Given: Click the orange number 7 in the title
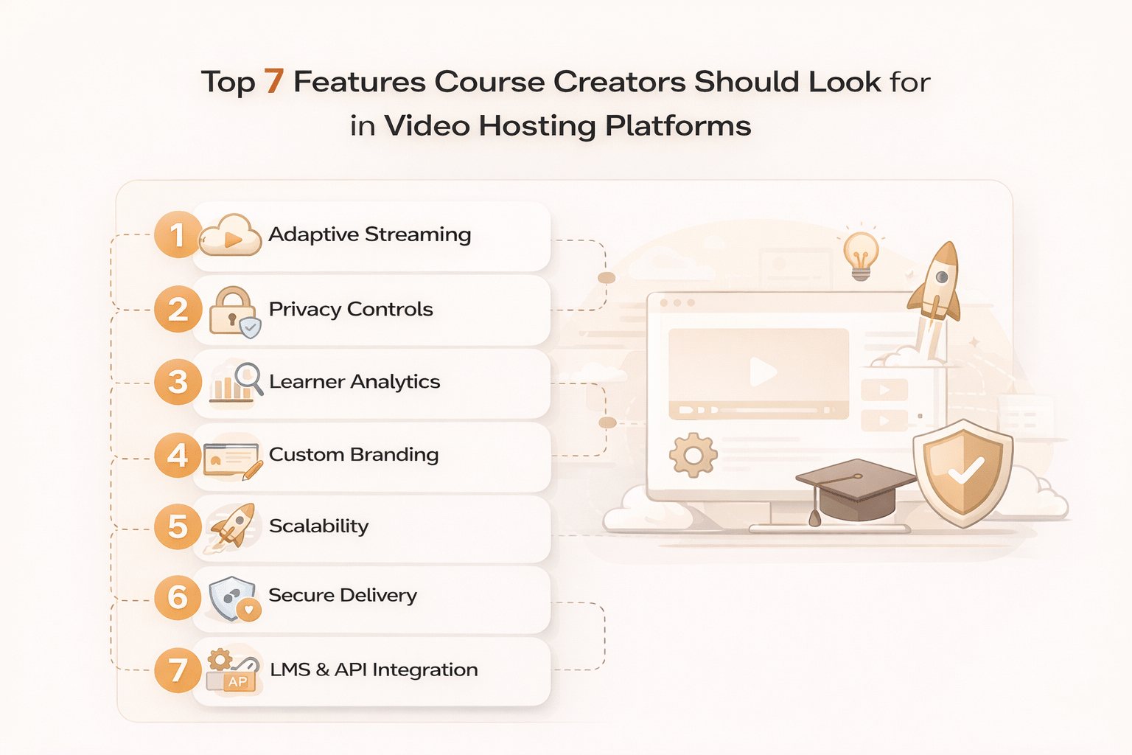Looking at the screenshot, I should click(274, 81).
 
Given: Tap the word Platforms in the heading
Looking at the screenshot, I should click(678, 126).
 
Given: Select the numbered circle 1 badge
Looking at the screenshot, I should click(178, 235).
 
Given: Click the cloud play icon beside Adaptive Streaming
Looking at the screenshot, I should click(231, 237).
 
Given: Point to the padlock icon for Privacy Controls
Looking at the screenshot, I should click(232, 310).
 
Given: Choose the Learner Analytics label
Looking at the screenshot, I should click(354, 382).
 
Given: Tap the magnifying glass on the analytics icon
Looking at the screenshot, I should click(248, 377).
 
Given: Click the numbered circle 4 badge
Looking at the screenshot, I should click(178, 456).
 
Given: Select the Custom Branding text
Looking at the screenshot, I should click(354, 455).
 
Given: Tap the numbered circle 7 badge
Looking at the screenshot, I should click(178, 670).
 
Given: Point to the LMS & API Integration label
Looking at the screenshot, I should click(374, 669).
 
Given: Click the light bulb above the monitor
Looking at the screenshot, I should click(860, 254).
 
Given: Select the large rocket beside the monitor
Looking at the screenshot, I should click(936, 284).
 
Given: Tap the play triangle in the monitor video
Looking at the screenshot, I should click(762, 372).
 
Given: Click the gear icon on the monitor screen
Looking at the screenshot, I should click(693, 456).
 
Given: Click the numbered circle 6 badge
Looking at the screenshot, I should click(178, 598).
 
